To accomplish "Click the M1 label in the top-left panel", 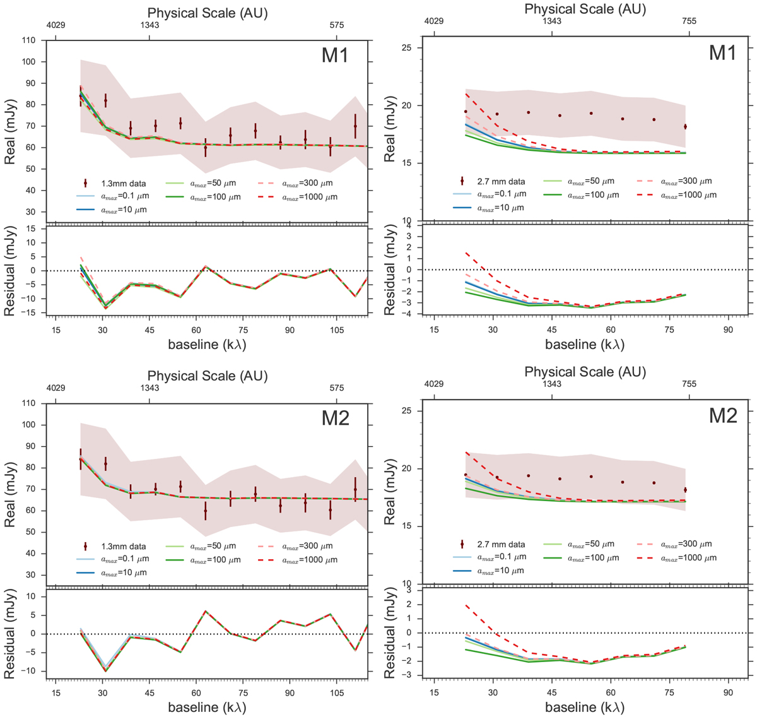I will pos(335,56).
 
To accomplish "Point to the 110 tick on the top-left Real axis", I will pos(29,40).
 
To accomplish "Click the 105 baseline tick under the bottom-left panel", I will pos(336,690).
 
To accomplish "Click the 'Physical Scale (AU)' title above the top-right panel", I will pos(585,9).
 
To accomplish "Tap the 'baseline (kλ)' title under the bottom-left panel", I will pos(207,707).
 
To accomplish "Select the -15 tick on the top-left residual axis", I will pos(30,313).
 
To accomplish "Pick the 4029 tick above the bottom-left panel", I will pos(58,388).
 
